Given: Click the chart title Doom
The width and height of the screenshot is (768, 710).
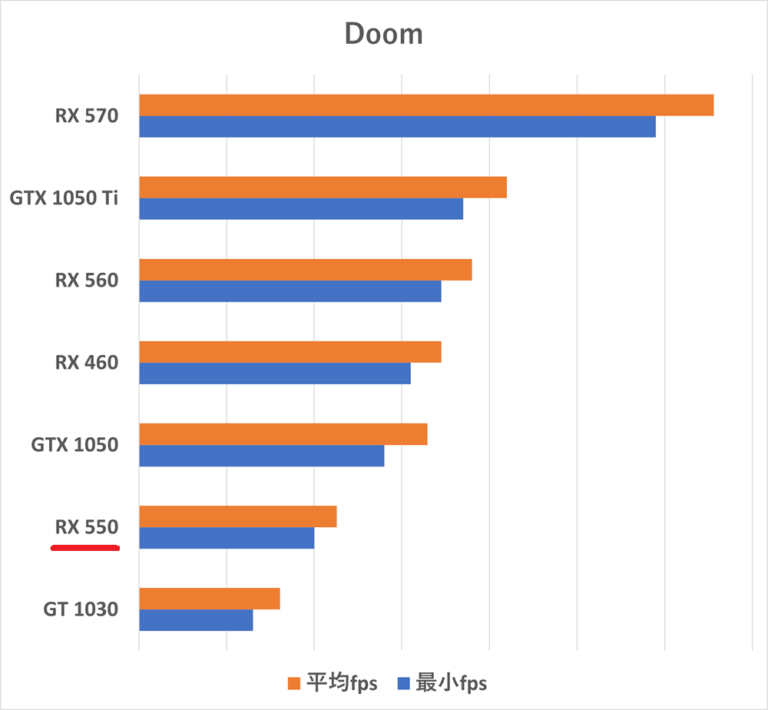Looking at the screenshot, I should [384, 34].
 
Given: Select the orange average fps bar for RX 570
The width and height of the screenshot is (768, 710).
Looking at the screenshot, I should [426, 105].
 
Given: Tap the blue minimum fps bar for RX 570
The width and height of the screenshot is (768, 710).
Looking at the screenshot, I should [397, 127].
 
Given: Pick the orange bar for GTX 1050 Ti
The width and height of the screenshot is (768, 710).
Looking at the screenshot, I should [322, 187].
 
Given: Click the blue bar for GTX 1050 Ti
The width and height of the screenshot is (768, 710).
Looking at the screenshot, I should [301, 209].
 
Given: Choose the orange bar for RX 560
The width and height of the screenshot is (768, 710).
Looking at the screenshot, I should [305, 269].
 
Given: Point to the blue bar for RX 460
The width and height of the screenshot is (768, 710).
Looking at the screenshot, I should [275, 373].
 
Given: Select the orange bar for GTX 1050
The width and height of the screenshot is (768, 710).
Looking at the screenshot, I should [283, 434].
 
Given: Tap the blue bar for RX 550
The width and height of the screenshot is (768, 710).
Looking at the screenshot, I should [226, 538].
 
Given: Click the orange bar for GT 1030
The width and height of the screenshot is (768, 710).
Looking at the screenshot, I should [209, 598].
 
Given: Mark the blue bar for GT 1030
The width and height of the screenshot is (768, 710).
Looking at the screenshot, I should [196, 620].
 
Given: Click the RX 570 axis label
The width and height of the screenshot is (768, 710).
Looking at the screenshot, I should [87, 116].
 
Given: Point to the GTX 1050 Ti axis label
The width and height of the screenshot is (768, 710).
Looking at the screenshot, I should [64, 198].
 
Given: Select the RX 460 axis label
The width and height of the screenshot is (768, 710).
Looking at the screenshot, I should [87, 362].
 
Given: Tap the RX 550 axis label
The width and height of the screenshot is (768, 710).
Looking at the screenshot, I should [87, 527].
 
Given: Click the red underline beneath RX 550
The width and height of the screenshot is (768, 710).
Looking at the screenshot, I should [85, 548].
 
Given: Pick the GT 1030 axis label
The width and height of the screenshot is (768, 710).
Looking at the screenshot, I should [81, 609].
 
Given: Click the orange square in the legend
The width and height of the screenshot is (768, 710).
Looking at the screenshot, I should [293, 683].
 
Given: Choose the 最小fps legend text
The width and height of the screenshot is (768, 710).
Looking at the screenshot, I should [451, 683].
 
